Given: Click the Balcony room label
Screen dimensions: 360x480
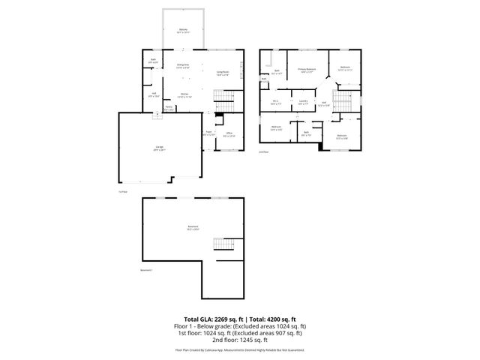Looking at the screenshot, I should click(183, 30).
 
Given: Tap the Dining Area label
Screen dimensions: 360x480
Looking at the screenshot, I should click(182, 66).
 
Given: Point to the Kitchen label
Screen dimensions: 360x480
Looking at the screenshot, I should click(184, 94).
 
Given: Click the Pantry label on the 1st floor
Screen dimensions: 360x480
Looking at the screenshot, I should click(169, 108).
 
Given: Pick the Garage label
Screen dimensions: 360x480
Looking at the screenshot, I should click(160, 147).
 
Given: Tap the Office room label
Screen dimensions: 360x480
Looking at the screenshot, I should click(230, 133).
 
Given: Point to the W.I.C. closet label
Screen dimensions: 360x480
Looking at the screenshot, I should click(275, 102).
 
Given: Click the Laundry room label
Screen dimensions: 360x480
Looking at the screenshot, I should click(303, 102).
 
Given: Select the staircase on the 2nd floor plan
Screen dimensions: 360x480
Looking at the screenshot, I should click(344, 99).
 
